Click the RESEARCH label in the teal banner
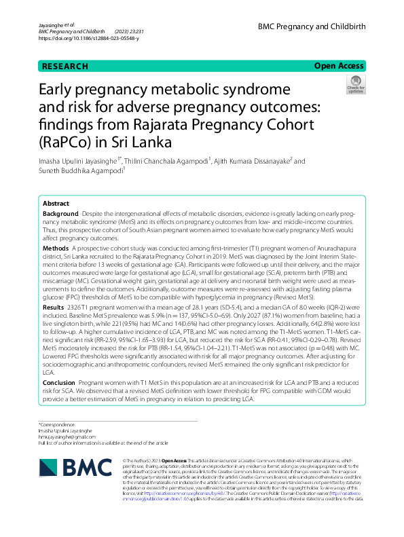pyautogui.click(x=65, y=67)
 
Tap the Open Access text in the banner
pyautogui.click(x=339, y=66)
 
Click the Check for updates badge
pyautogui.click(x=354, y=85)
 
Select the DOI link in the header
pyautogui.click(x=88, y=39)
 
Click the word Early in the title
pyautogui.click(x=57, y=90)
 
